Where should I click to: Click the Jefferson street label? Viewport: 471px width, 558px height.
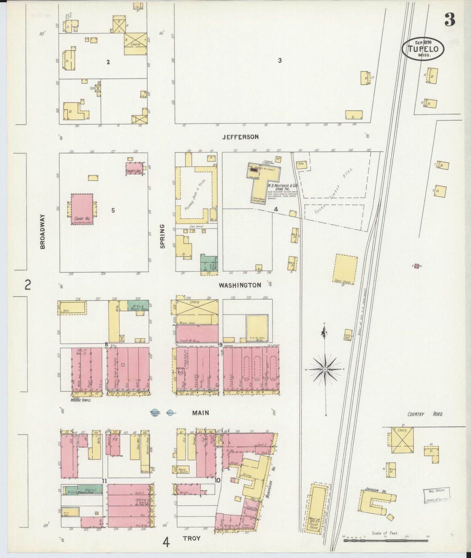click(x=240, y=137)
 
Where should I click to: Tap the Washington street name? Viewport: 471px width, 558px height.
click(x=240, y=285)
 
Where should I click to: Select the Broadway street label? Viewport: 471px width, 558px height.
click(x=43, y=231)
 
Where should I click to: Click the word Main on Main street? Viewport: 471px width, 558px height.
click(x=200, y=413)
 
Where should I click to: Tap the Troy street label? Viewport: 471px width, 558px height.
click(x=191, y=538)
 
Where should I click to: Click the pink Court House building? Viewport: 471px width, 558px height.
click(x=82, y=209)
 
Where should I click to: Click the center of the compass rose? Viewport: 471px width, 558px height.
click(x=325, y=370)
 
